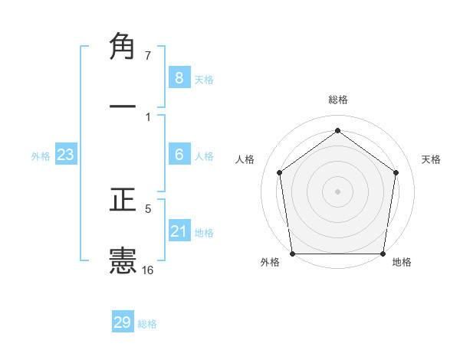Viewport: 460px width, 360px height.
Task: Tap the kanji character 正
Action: [123, 201]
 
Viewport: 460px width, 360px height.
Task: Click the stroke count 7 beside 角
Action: [148, 56]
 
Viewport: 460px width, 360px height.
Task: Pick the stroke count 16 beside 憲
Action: [148, 270]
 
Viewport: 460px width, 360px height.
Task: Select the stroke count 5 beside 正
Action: [148, 208]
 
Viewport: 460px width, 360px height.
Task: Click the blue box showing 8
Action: [179, 77]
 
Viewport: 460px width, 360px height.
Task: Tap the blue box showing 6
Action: [179, 155]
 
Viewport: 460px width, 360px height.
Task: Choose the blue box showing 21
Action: [179, 231]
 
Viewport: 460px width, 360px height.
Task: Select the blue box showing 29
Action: [123, 322]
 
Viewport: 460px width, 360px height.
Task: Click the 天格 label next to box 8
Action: [204, 79]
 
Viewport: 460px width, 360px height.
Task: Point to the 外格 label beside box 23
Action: [41, 156]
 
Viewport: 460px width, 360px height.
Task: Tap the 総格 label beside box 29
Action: [147, 324]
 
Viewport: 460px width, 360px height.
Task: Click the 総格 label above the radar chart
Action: [337, 100]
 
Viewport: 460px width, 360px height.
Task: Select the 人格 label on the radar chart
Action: [245, 159]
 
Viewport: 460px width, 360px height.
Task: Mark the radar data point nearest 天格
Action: [396, 172]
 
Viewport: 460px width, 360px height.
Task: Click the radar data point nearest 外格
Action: [292, 254]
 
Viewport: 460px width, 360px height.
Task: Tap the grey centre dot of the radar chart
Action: [337, 191]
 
